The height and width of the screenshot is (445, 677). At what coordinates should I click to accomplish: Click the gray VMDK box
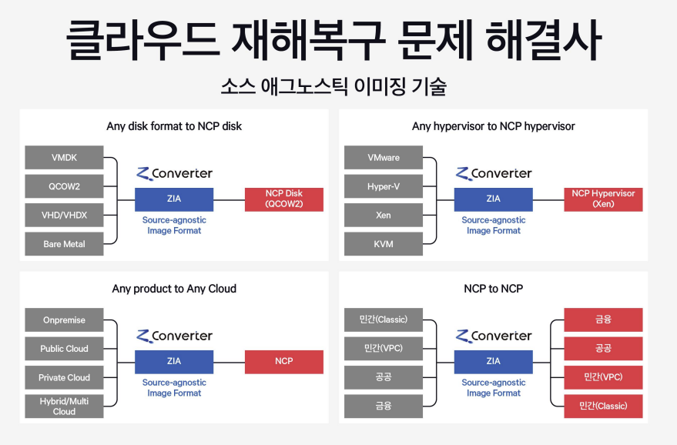coord(64,157)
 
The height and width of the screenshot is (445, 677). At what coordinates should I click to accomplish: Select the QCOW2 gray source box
coord(64,186)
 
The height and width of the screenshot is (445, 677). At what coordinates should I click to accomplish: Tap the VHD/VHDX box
coord(64,215)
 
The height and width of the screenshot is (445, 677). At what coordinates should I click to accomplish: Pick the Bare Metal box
coord(64,244)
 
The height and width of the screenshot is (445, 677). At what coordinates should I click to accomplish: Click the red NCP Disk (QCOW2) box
coord(284,199)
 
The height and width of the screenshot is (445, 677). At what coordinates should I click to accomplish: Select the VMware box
coord(384,157)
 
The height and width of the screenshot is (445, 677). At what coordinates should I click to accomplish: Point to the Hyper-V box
coord(384,186)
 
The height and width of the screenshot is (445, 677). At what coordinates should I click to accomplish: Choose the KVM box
coord(384,244)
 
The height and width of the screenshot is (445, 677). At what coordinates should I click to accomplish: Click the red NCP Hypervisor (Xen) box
coord(603,199)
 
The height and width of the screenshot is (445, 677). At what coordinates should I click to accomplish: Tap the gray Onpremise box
coord(64,320)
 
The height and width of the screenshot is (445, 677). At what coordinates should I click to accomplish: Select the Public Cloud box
coord(64,349)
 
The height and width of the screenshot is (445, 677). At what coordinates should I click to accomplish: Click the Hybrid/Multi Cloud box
coord(64,406)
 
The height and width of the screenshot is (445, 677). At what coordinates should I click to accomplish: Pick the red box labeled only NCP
coord(284,361)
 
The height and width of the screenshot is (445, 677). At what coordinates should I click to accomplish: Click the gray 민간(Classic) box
coord(384,320)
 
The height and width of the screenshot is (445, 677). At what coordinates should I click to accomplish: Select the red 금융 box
coord(603,320)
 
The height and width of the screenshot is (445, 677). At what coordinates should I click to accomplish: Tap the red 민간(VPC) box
coord(603,377)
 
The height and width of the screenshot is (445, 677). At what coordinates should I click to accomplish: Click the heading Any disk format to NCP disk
coord(174,126)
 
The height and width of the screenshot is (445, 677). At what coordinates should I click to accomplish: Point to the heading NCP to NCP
coord(494,289)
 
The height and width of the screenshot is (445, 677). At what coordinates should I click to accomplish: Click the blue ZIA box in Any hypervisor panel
coord(493,199)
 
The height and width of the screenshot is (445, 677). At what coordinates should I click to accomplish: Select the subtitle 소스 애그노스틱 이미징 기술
coord(333,86)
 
